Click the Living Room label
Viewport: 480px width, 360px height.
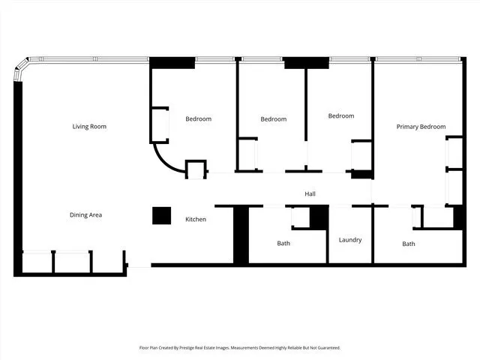click(x=89, y=127)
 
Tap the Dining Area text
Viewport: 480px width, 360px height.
click(x=85, y=215)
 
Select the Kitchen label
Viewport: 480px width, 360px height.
click(x=196, y=219)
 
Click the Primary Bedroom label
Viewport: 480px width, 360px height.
click(x=421, y=127)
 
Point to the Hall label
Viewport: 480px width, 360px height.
click(x=310, y=194)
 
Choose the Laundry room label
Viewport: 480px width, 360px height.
click(x=349, y=240)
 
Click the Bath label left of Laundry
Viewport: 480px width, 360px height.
click(x=283, y=243)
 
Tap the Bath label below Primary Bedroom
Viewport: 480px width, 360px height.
click(x=408, y=244)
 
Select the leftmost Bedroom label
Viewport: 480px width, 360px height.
click(x=198, y=119)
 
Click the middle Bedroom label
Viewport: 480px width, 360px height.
click(x=273, y=119)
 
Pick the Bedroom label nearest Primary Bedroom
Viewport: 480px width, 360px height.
click(x=340, y=116)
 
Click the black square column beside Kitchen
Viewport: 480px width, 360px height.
click(x=161, y=215)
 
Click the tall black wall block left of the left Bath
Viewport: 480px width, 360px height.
click(x=241, y=235)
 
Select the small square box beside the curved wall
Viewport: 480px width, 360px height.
click(x=195, y=169)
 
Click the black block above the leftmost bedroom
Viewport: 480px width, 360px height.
click(x=172, y=63)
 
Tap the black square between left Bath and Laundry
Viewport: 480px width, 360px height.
click(x=319, y=217)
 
